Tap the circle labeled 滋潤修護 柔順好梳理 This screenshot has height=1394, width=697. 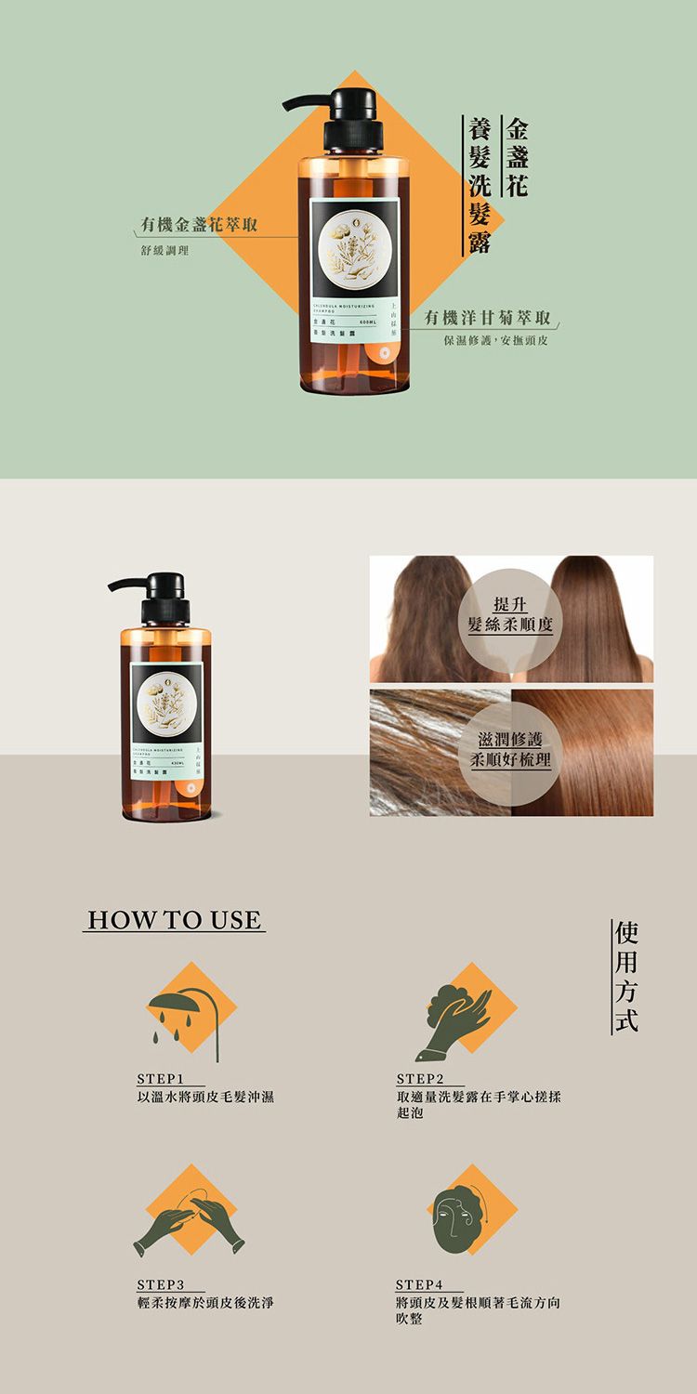pyautogui.click(x=510, y=750)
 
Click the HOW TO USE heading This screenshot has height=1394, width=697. pyautogui.click(x=174, y=920)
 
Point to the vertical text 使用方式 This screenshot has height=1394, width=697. pyautogui.click(x=625, y=975)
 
